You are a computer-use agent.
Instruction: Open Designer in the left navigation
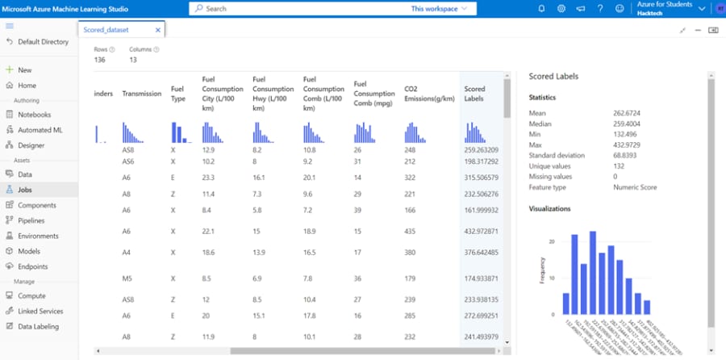(31, 145)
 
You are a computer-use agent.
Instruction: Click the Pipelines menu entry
(31, 220)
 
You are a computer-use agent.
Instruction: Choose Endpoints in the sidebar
(33, 266)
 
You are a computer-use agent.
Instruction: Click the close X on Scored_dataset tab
(158, 30)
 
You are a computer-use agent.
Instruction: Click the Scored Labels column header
(475, 94)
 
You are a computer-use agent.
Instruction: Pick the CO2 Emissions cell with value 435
(410, 232)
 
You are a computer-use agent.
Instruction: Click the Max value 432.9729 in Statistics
(630, 144)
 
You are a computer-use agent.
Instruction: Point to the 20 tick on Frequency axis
(551, 242)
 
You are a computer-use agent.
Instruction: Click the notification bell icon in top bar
(542, 9)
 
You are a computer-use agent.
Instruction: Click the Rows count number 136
(100, 60)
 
